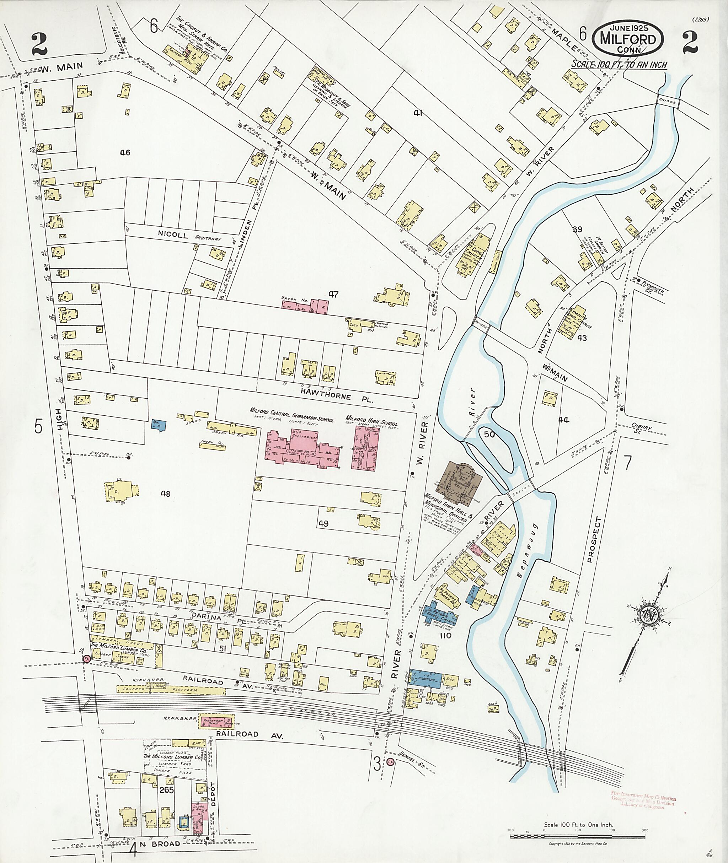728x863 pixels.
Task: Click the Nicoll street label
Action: [173, 236]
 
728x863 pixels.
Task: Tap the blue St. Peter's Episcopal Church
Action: [441, 617]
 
